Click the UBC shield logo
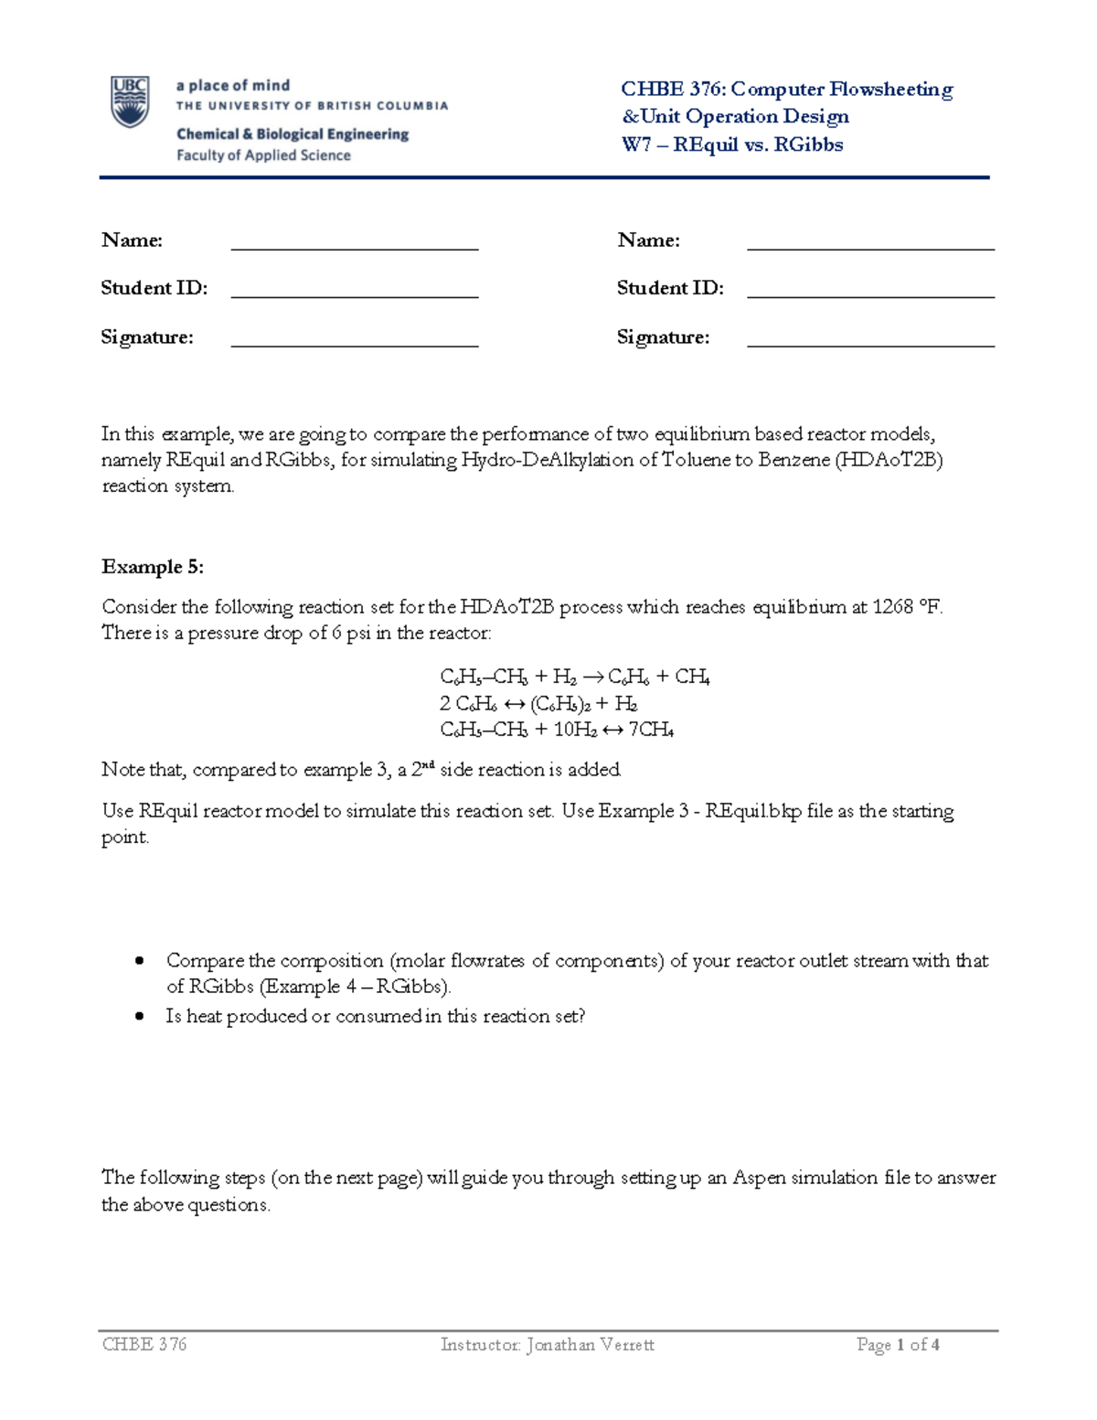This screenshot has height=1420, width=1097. pos(130,101)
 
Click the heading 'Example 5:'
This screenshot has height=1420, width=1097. pos(152,567)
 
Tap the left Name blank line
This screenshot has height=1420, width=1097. pos(355,247)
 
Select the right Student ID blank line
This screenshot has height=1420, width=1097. pos(870,295)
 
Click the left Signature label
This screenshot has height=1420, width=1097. pos(146,337)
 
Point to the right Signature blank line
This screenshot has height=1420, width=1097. pos(870,345)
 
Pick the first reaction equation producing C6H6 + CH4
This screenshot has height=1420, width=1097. pos(575,678)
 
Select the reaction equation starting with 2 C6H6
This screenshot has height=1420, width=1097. pos(538,704)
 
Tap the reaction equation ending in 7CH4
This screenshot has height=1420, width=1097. pos(558,730)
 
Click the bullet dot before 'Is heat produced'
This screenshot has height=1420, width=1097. pos(140,1016)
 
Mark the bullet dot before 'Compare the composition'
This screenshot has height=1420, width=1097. pos(140,961)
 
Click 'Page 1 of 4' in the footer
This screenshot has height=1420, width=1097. pos(898,1344)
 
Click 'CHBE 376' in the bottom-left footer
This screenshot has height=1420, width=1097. pos(144,1344)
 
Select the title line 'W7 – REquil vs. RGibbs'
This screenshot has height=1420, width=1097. pos(732,144)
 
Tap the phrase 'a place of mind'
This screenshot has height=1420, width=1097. pos(233,85)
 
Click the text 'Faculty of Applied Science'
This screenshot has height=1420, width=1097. pos(263,155)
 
